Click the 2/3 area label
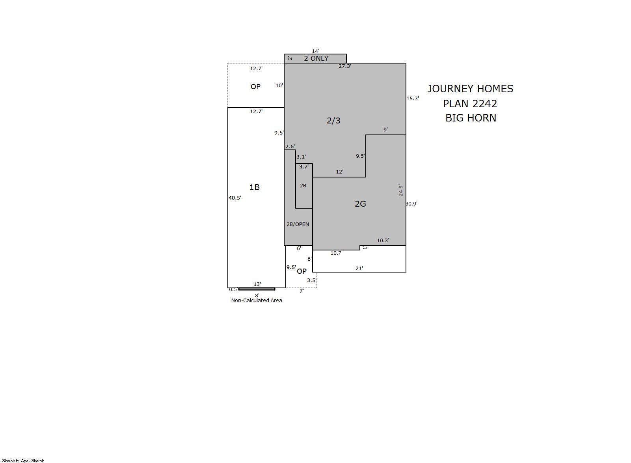tap(333, 121)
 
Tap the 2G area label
tap(360, 204)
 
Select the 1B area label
tap(254, 187)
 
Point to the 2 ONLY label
tap(316, 58)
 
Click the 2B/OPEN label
tap(298, 224)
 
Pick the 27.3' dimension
tap(345, 66)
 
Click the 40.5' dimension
tap(235, 198)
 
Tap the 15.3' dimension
tap(413, 98)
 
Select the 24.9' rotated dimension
tap(400, 190)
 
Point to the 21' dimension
tap(359, 268)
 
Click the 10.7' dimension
tap(336, 253)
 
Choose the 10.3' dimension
tap(383, 241)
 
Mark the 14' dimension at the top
tap(315, 51)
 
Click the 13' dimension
tap(257, 284)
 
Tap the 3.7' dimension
tap(304, 166)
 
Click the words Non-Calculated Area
tap(257, 301)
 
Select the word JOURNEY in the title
tap(451, 89)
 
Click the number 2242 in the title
tap(484, 104)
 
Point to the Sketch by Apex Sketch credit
tap(23, 461)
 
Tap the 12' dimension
tap(340, 172)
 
